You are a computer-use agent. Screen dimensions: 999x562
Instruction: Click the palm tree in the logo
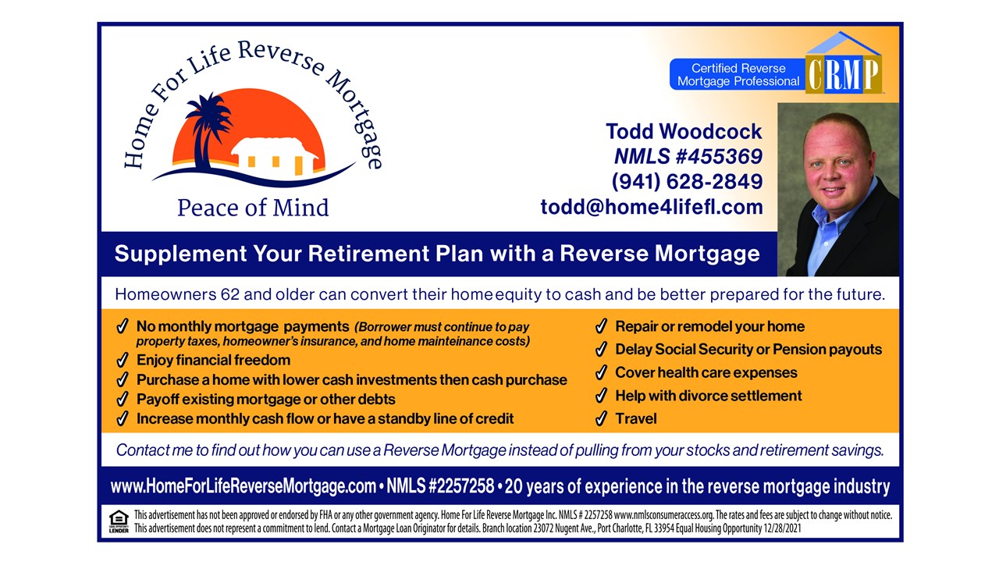[207, 130]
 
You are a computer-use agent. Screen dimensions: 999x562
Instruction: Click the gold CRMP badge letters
[844, 74]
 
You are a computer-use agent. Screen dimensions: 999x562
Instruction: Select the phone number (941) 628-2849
[687, 182]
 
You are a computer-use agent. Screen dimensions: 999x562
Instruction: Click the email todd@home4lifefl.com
[652, 207]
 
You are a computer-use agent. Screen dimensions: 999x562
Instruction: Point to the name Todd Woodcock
[684, 132]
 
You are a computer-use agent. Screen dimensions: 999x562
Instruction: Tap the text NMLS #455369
[688, 157]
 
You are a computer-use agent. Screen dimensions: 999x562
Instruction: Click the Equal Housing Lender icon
[119, 521]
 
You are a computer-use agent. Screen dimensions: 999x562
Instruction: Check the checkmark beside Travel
[601, 418]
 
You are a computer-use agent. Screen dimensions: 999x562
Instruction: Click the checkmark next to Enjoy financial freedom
[123, 360]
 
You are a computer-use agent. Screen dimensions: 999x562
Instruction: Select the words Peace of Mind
[253, 208]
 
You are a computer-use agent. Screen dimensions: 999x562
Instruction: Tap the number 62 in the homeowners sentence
[229, 294]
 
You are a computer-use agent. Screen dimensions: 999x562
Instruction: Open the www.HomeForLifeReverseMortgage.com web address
[243, 486]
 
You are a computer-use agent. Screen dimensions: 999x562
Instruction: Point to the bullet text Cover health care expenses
[706, 372]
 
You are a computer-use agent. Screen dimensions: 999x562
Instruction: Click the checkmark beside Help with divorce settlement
[601, 395]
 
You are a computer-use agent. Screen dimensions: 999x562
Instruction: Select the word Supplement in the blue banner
[180, 254]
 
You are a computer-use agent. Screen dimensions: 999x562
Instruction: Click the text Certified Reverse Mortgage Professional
[738, 74]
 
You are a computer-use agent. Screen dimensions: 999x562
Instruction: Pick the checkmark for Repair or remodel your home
[601, 326]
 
